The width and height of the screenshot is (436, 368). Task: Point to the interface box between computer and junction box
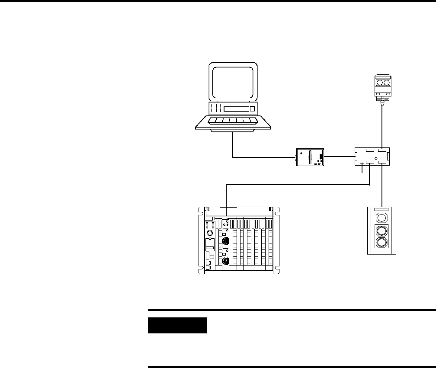click(x=310, y=157)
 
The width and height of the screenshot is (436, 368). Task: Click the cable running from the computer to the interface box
click(x=260, y=158)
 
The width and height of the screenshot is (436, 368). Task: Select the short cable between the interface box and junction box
click(x=339, y=157)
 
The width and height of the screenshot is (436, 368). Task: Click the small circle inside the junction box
click(x=376, y=160)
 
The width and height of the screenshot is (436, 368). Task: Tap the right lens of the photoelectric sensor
click(x=386, y=82)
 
